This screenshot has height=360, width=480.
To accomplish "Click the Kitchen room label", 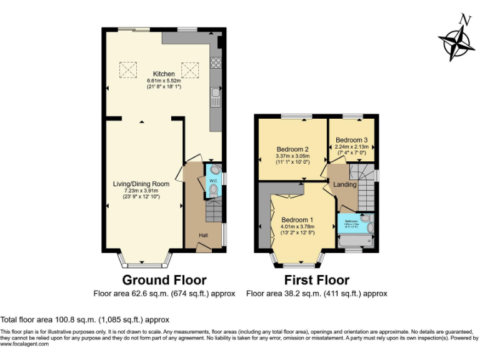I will tap(163, 74).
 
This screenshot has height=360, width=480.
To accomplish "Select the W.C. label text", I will tap(213, 181).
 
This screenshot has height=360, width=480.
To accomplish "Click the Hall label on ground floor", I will tap(203, 235).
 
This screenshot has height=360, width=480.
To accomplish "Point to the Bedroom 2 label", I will tap(292, 149).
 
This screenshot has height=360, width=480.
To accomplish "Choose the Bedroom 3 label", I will tap(351, 139).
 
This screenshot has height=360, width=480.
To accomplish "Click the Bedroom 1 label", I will tap(297, 220).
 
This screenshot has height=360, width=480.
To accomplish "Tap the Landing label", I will tap(344, 184).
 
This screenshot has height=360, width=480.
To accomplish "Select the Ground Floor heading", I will tap(164, 279).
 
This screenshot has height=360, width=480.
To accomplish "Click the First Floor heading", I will tap(316, 279).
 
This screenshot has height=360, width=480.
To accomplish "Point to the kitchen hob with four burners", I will tap(216, 62).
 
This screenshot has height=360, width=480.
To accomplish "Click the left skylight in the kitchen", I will tap(128, 69).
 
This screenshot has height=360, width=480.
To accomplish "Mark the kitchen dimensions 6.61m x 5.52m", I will tap(163, 81).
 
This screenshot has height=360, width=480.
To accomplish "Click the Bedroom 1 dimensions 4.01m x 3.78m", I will tap(297, 227).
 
